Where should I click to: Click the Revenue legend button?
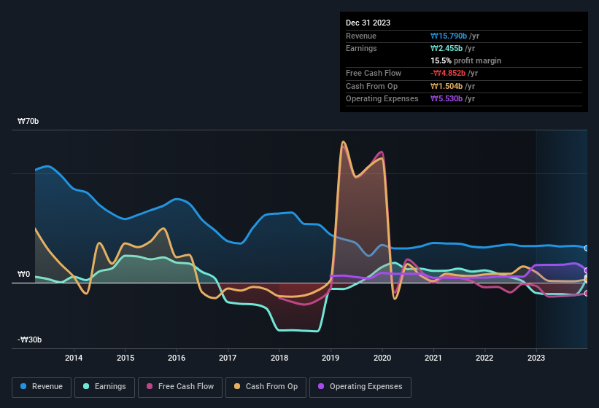[x=42, y=387]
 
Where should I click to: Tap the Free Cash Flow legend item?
[x=182, y=387]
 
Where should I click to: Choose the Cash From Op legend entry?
[x=266, y=387]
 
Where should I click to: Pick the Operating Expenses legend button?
[x=360, y=387]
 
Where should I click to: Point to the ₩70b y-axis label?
[x=28, y=121]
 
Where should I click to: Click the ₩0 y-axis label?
[x=24, y=275]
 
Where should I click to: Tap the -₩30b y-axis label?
[x=30, y=340]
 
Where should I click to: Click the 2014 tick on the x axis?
[x=74, y=358]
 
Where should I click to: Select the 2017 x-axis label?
[x=228, y=358]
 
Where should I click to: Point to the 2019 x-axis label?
[x=331, y=358]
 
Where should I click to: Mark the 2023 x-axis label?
[x=536, y=358]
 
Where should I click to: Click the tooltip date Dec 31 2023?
[x=368, y=23]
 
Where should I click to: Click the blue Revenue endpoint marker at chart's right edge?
[x=587, y=248]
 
